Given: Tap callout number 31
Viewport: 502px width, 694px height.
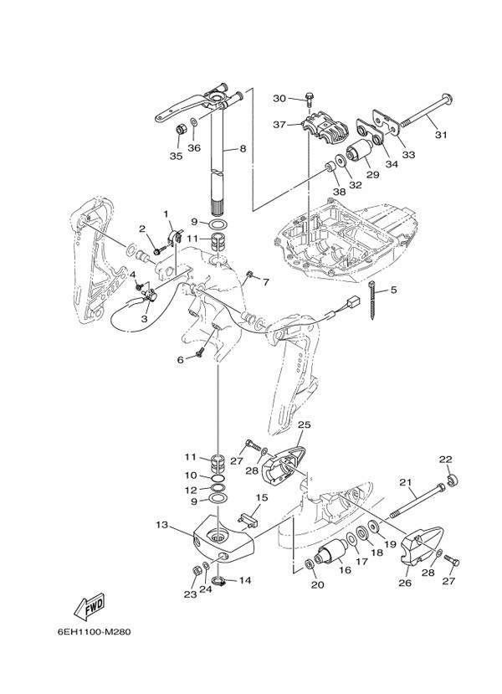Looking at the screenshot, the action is coord(441,135).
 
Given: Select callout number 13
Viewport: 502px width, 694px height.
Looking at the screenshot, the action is coord(161,525).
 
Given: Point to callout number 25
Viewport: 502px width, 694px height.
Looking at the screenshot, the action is coord(305,424).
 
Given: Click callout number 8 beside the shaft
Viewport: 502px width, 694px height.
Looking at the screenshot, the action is coord(243,149).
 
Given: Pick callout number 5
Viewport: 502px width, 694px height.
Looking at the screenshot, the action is coord(393,290).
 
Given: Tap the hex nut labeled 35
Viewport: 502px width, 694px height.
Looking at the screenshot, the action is coord(180,130).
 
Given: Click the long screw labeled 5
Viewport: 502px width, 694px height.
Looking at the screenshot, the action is coord(375,299).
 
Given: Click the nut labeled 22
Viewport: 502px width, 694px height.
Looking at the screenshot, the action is coord(452,481).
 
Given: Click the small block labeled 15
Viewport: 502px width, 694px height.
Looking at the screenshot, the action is coord(249,519).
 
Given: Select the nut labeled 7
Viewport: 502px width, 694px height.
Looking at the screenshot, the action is coord(249,275).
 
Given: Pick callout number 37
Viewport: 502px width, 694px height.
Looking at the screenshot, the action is coord(279,125).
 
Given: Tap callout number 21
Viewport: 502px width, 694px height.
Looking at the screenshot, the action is coord(406,482).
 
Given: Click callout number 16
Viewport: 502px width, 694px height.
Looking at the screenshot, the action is coord(345,569).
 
